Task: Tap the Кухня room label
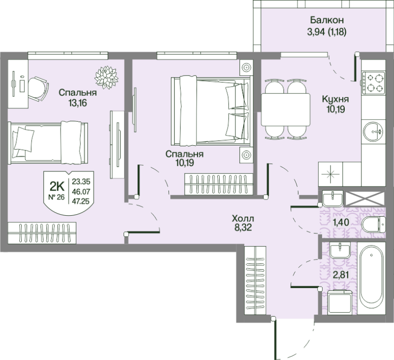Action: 335,99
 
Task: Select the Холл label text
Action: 243,218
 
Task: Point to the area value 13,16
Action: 77,103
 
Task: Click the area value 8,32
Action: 242,228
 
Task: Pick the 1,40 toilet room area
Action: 341,222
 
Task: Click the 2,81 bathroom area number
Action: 341,275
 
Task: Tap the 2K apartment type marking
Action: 57,187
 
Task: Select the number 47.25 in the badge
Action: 81,201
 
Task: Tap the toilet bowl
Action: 373,225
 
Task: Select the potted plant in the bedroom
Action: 106,77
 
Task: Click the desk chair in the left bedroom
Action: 38,89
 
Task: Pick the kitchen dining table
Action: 286,109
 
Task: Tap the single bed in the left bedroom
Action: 48,143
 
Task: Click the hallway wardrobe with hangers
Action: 255,280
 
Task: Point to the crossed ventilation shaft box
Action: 365,199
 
